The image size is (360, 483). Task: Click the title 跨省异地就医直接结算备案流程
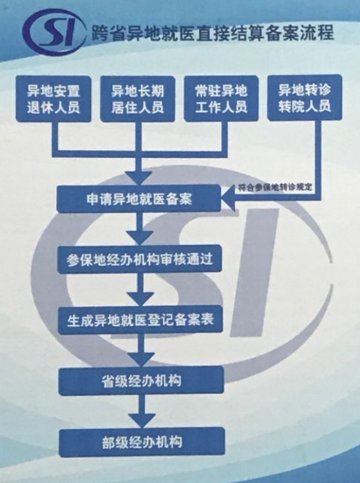tap(212, 32)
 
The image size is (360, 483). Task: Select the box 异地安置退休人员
tap(53, 99)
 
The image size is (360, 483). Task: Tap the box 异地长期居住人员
tap(138, 99)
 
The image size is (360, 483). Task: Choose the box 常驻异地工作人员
tap(221, 99)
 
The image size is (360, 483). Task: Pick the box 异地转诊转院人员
tap(305, 98)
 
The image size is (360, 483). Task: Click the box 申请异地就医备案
tap(139, 199)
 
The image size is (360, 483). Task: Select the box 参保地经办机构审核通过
tap(139, 259)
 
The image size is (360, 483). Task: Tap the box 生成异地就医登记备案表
tap(141, 320)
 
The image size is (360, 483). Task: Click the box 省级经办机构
tap(141, 381)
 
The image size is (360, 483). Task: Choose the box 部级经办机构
tap(142, 442)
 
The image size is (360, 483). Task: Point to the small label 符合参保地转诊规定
tap(275, 188)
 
